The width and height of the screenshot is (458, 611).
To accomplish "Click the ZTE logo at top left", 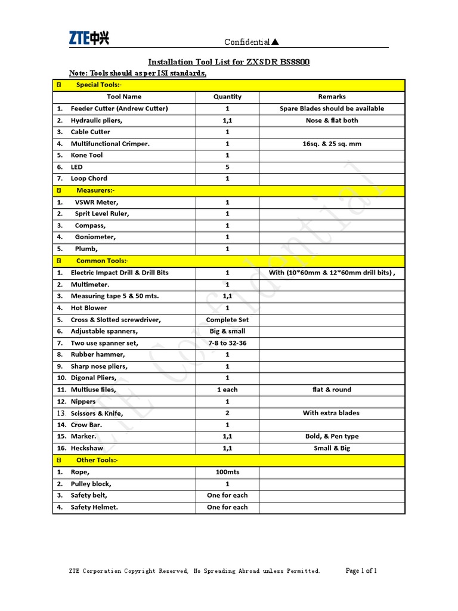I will tap(89, 39).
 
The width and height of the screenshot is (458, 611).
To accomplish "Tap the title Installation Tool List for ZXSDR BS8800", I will tap(228, 62).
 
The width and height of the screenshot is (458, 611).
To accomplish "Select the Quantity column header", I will tap(227, 97).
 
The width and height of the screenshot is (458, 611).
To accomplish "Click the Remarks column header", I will tap(332, 97).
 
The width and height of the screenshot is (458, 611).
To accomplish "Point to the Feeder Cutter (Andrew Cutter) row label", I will tap(119, 109).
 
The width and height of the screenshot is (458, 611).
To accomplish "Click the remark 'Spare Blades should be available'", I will tap(332, 109).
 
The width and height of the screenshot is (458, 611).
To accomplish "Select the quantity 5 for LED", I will tap(227, 167).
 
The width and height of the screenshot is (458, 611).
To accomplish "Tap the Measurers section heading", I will tap(95, 190).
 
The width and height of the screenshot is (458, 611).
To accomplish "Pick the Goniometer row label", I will tap(95, 237).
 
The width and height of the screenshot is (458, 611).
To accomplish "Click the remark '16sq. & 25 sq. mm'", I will tap(332, 144).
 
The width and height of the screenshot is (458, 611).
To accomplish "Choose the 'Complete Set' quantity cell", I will tap(227, 320).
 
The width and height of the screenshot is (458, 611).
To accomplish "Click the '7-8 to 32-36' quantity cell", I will tap(227, 343).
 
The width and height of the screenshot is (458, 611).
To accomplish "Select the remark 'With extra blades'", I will tap(332, 413).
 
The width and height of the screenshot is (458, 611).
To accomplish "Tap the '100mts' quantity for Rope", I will tap(227, 472).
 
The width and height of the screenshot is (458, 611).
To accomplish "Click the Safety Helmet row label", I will tap(94, 507).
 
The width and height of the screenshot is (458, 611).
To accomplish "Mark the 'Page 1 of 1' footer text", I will tap(361, 571).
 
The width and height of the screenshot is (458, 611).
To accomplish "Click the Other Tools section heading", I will tap(97, 460).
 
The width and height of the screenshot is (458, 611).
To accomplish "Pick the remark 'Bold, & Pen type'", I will tap(332, 436).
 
